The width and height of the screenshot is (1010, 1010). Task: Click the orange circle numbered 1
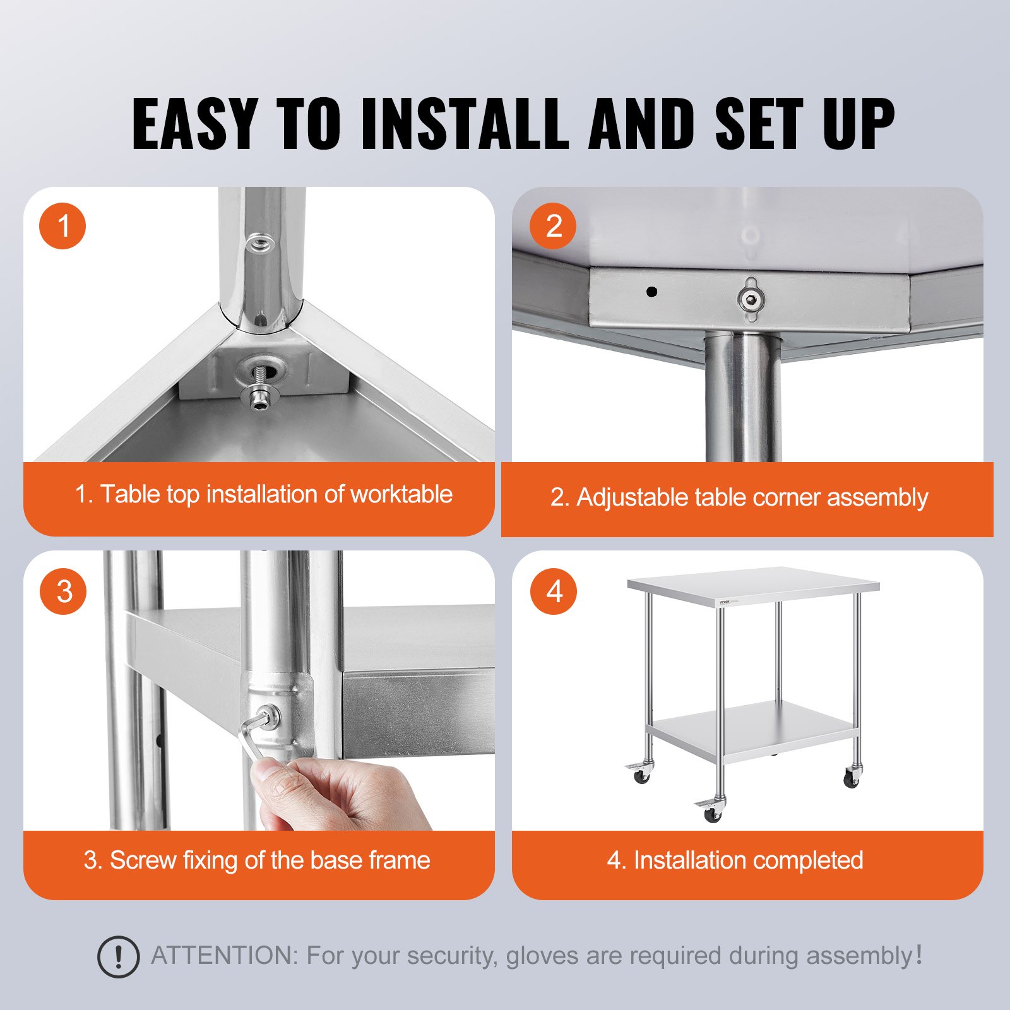[x=62, y=225]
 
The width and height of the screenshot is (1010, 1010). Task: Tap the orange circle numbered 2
[x=553, y=225]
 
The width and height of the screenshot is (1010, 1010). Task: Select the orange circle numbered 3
[x=62, y=591]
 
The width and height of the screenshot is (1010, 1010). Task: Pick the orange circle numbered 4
[x=554, y=591]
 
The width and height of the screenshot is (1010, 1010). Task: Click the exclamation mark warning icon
[x=118, y=957]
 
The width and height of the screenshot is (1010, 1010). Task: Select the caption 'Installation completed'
[x=748, y=860]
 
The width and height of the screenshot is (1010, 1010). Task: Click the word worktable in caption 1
[x=401, y=494]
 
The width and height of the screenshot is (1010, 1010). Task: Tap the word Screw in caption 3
[x=142, y=860]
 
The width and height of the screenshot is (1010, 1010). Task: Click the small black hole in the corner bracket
[x=652, y=292]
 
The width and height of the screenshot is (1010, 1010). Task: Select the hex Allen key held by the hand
[x=251, y=739]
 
